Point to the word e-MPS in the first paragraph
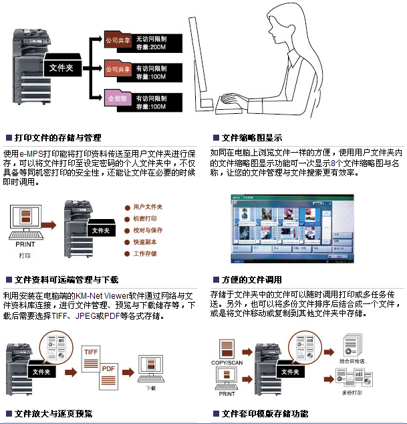click(x=31, y=154)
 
